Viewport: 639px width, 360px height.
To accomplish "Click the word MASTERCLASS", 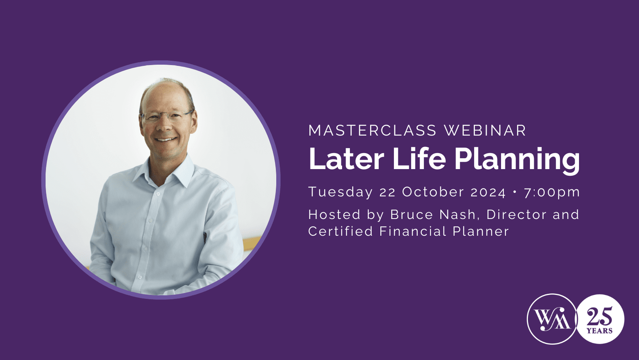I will [x=372, y=131].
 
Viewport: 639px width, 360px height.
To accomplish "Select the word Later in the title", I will [x=346, y=159].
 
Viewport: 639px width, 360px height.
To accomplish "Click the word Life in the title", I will [x=419, y=159].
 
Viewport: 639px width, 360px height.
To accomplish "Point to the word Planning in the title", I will [x=517, y=160].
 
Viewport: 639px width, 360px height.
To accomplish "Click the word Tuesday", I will [x=340, y=192].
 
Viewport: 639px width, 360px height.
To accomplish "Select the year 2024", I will [x=488, y=192].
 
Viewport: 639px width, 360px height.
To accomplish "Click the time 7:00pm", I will [x=552, y=192].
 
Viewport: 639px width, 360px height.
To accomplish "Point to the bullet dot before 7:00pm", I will [x=515, y=192].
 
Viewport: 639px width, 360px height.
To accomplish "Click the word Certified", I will [x=341, y=231].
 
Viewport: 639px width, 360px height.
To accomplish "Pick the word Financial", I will [x=413, y=231].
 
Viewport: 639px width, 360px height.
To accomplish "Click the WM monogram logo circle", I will [x=552, y=319].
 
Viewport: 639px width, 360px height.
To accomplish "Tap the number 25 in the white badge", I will [x=599, y=316].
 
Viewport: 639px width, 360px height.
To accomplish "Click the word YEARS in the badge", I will [x=599, y=331].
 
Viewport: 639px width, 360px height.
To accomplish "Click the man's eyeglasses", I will [x=167, y=116].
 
